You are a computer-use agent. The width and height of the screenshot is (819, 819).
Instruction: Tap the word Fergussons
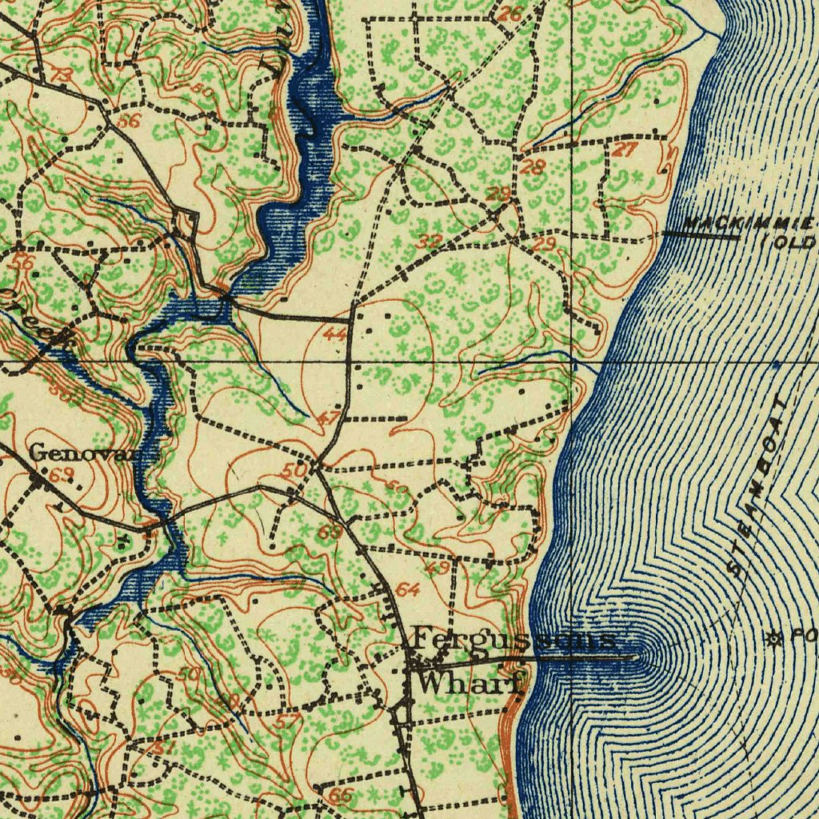pyautogui.click(x=516, y=640)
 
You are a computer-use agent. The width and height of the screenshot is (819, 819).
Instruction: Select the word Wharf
pyautogui.click(x=470, y=684)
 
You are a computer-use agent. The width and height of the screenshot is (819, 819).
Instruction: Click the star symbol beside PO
pyautogui.click(x=773, y=637)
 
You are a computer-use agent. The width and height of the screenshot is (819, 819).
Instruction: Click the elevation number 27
pyautogui.click(x=625, y=150)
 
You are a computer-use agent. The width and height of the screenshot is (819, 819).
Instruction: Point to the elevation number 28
pyautogui.click(x=533, y=168)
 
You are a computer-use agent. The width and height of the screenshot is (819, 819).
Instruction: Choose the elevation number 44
pyautogui.click(x=334, y=334)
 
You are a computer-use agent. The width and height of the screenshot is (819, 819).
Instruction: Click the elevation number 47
pyautogui.click(x=328, y=417)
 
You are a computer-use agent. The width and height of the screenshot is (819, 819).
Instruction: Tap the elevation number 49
pyautogui.click(x=437, y=569)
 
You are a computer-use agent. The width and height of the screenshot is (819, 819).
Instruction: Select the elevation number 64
pyautogui.click(x=408, y=591)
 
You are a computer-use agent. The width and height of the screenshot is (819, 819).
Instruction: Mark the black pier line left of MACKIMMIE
pyautogui.click(x=700, y=235)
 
